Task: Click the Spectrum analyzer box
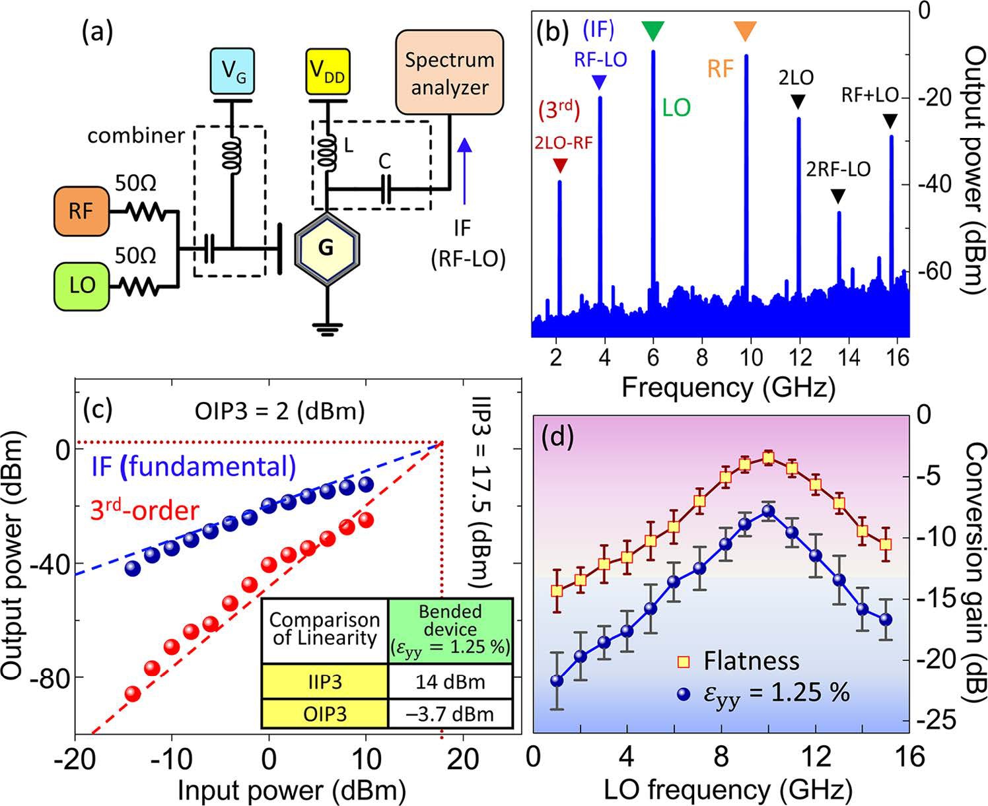point(448,73)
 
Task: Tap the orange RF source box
point(81,212)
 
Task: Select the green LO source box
point(82,285)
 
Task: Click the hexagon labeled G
point(326,248)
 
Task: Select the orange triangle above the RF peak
point(745,30)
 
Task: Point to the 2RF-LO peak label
point(838,170)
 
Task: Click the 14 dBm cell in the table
point(450,681)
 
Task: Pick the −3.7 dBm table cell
point(450,714)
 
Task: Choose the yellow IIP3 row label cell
point(326,681)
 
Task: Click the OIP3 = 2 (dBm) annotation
point(279,411)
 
